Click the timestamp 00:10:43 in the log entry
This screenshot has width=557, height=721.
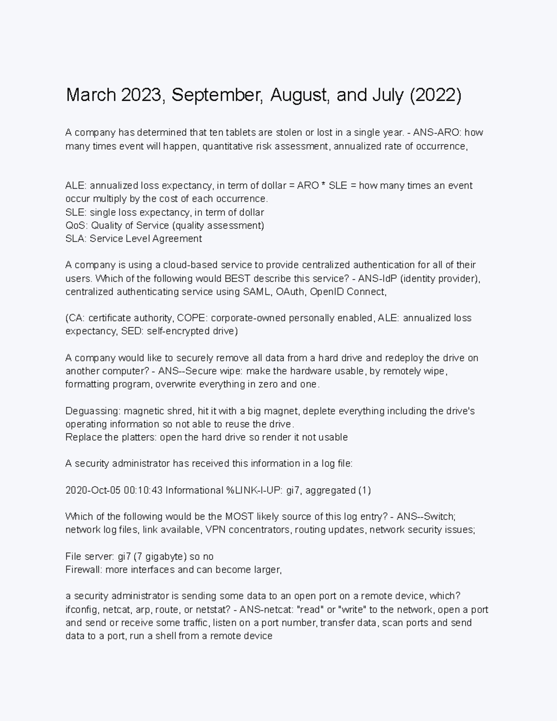pyautogui.click(x=143, y=491)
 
